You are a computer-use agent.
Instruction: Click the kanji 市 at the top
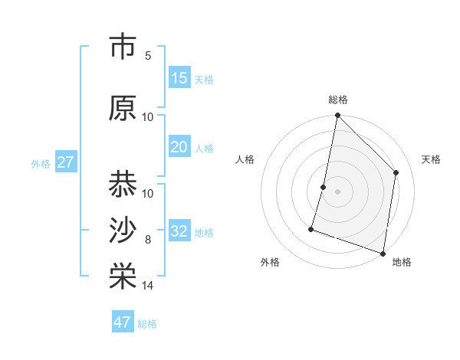tap(123, 46)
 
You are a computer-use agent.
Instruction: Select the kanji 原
tap(123, 108)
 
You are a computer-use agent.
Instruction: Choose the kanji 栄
tap(123, 277)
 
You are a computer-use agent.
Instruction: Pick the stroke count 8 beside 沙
tap(148, 240)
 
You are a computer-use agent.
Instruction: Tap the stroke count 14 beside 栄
tap(148, 286)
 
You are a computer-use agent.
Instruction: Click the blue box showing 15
tap(179, 78)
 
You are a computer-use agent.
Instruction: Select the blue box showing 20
tap(179, 147)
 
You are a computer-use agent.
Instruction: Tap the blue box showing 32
tap(179, 231)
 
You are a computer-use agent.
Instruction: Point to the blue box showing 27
tap(65, 162)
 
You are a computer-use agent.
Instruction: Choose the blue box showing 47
tap(123, 322)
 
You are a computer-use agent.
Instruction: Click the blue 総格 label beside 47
tap(148, 324)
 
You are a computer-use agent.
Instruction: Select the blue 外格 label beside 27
tap(41, 163)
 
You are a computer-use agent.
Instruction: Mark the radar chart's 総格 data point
tap(337, 116)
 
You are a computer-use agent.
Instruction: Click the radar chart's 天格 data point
tap(396, 172)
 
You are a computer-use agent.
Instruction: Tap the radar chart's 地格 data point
tap(383, 253)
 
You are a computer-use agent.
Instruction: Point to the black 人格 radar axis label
tap(245, 159)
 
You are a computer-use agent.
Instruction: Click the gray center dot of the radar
tap(337, 191)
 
